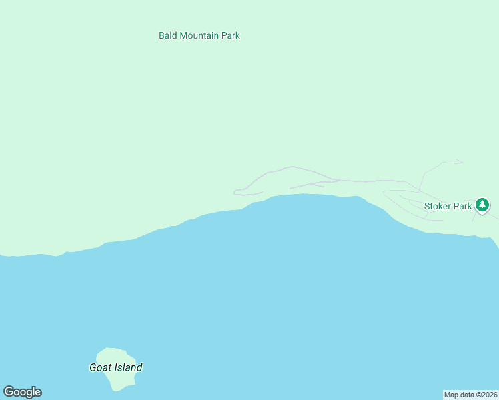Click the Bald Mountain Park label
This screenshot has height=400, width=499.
(199, 35)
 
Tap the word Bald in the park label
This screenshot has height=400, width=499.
(168, 35)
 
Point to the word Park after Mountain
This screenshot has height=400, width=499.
(231, 35)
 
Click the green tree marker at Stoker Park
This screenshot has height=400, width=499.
(482, 205)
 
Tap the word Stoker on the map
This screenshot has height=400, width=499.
(438, 207)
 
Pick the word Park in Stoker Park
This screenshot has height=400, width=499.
(463, 207)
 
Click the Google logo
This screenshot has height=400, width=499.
(22, 392)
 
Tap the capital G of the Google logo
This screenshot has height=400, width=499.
(9, 392)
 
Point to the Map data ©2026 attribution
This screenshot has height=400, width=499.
(470, 395)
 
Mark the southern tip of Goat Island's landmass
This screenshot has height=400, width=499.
(120, 390)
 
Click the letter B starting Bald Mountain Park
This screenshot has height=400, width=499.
(162, 35)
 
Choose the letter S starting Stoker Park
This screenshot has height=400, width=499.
(427, 207)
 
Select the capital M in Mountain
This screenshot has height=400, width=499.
(183, 35)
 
